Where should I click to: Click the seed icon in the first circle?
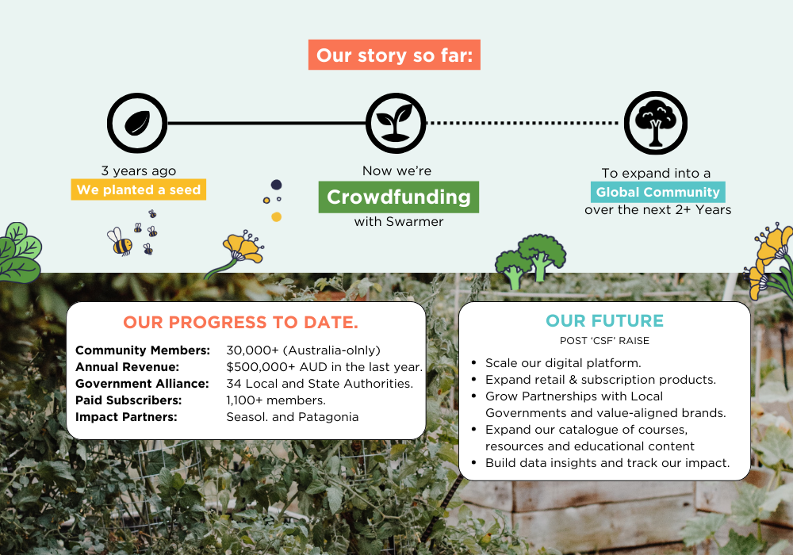click(x=137, y=123)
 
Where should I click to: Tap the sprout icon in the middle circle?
click(x=396, y=123)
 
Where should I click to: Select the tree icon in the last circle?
click(x=656, y=123)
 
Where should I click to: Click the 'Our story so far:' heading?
click(x=394, y=55)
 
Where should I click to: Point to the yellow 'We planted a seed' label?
click(x=139, y=189)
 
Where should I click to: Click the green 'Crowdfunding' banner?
click(x=399, y=197)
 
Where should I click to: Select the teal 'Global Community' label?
click(x=658, y=192)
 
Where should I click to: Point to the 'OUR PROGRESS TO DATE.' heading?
click(x=241, y=323)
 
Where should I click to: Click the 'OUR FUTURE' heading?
click(x=604, y=320)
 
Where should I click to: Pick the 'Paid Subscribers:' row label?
click(x=128, y=400)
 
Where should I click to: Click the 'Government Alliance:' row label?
click(x=142, y=384)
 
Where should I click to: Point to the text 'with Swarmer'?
click(x=399, y=222)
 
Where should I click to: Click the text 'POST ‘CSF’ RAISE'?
click(x=604, y=341)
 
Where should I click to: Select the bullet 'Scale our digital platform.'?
click(x=563, y=363)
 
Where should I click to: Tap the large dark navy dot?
click(x=276, y=185)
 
